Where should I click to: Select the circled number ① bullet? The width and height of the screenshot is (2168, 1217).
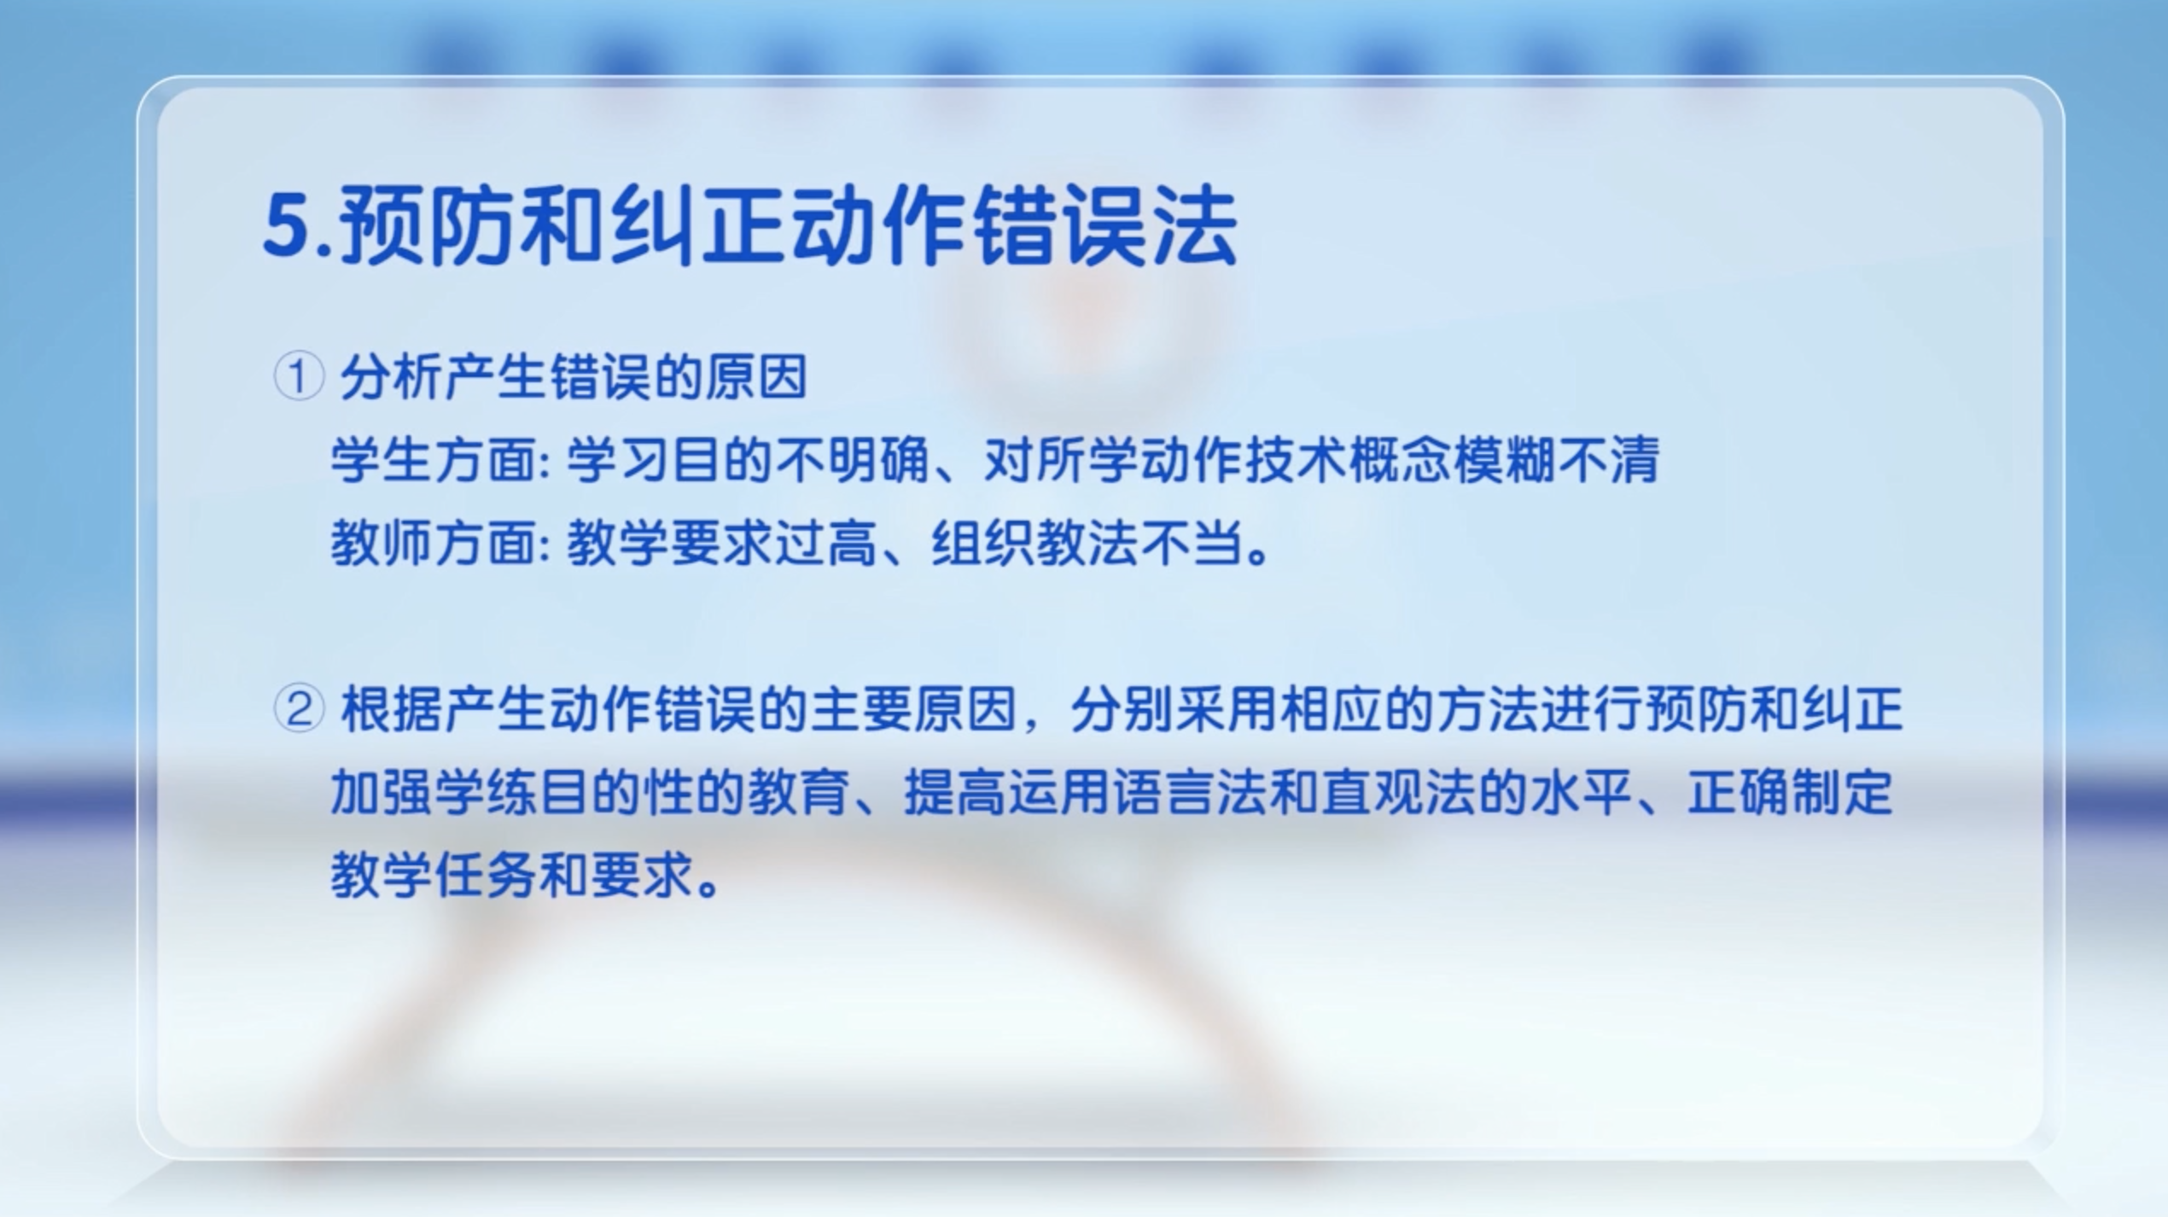tap(299, 377)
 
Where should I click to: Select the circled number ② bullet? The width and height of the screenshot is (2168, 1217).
tap(299, 710)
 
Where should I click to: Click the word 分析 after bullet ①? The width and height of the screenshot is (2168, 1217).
tap(392, 377)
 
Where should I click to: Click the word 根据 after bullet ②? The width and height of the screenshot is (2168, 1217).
tap(392, 710)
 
